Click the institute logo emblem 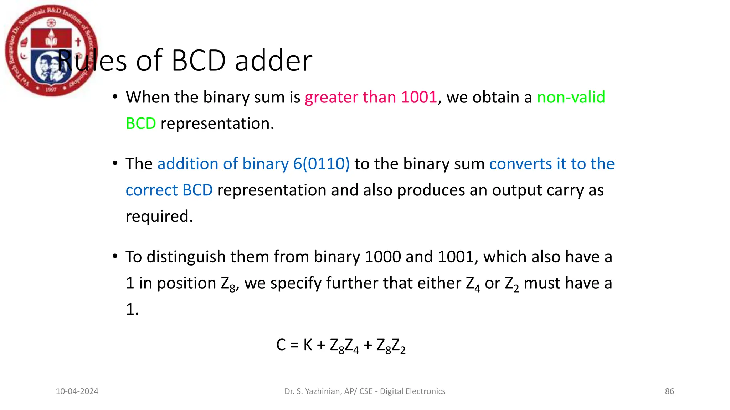[x=51, y=51]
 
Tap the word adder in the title [x=273, y=61]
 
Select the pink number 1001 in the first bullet [x=419, y=97]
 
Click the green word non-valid [x=571, y=97]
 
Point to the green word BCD [x=141, y=123]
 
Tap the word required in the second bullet [x=159, y=216]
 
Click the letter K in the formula [x=308, y=345]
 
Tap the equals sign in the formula [x=294, y=345]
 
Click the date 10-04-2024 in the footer [x=77, y=391]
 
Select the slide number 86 [x=669, y=391]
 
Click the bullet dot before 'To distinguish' [x=115, y=256]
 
